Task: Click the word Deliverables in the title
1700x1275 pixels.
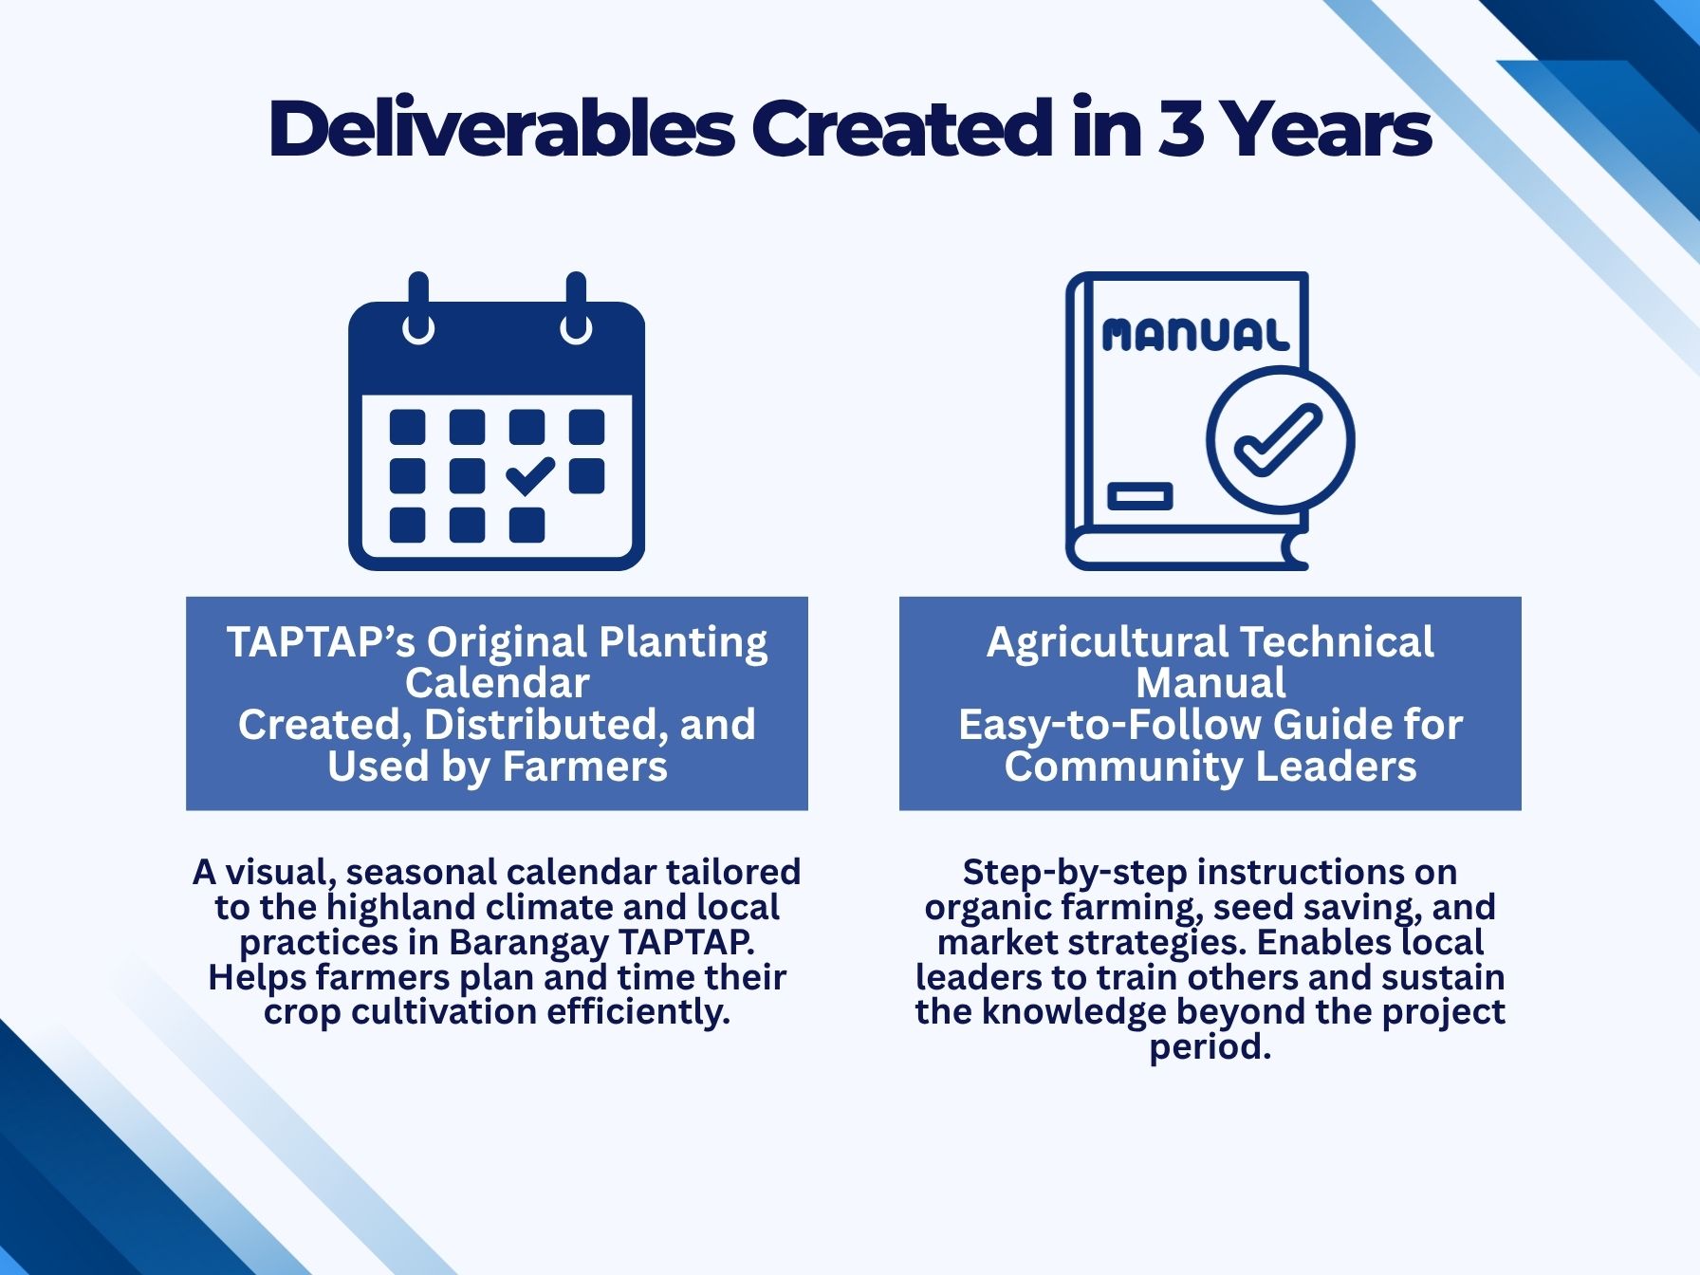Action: [502, 128]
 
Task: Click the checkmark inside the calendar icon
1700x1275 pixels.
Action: [530, 475]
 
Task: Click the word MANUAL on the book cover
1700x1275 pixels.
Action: [1195, 335]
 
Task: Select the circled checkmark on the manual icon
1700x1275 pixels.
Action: [1281, 440]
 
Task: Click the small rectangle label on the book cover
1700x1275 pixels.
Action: [1140, 496]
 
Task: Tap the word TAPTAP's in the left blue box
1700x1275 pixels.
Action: [321, 642]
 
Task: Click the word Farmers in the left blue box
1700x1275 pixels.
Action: [584, 767]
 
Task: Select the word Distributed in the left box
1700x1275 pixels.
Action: [545, 725]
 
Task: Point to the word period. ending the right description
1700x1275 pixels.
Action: [1210, 1047]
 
